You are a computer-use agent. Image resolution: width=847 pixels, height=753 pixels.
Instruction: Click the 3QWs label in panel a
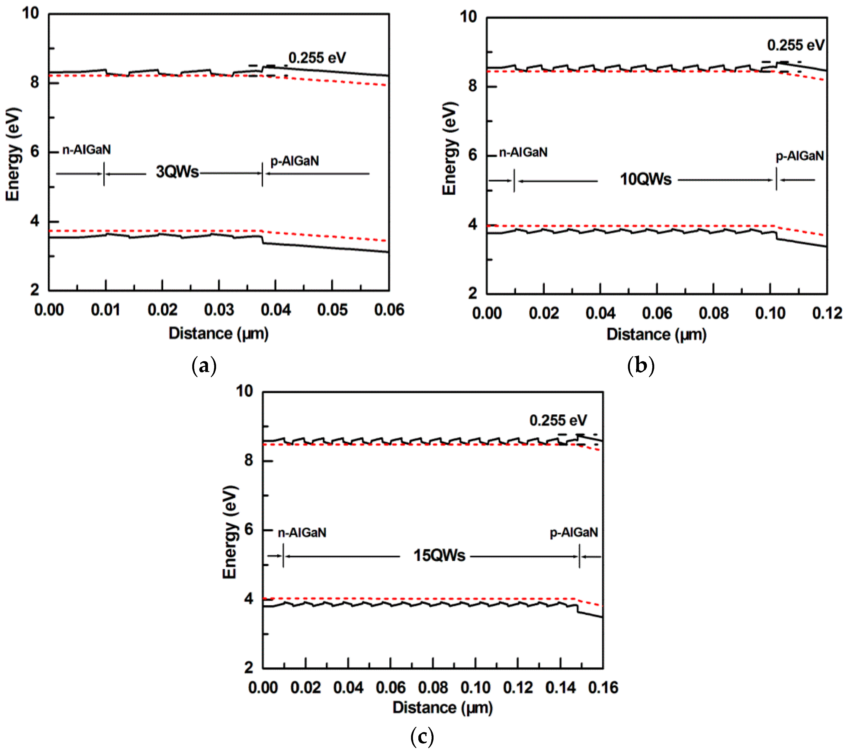pos(177,172)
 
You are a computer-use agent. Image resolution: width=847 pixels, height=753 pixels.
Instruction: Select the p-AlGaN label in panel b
pos(799,156)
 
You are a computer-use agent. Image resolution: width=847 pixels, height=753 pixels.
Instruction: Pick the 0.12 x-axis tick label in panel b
pos(827,313)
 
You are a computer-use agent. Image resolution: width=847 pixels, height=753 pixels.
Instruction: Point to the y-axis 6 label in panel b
pos(472,155)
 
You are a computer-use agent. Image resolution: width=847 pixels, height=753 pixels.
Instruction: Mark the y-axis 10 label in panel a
pos(30,13)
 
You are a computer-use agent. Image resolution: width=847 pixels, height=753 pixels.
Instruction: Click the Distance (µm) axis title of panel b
pos(656,334)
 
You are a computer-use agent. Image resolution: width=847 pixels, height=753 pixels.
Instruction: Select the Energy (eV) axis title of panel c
pos(230,532)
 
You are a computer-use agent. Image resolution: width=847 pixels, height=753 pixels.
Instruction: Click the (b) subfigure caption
pos(641,366)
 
